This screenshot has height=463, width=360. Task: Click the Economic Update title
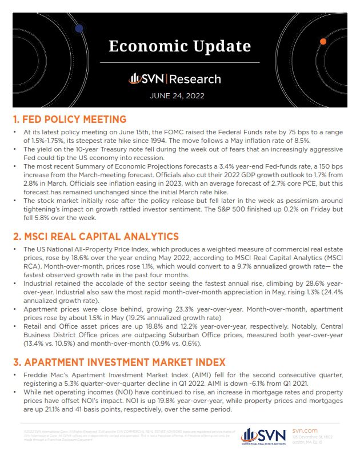point(180,45)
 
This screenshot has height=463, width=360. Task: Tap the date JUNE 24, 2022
point(180,95)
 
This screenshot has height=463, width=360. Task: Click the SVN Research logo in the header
point(175,79)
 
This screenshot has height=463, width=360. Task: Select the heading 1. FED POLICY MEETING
point(69,119)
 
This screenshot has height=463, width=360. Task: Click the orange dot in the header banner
point(323,42)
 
